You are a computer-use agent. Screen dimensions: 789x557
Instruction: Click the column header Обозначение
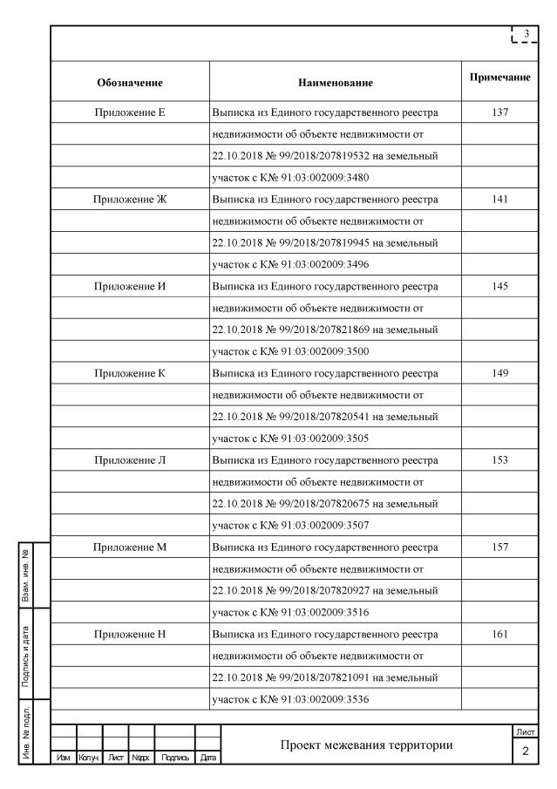coord(130,83)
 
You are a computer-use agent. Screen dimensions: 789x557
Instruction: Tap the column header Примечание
coord(500,78)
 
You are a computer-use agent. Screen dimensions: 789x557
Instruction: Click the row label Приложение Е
coord(130,112)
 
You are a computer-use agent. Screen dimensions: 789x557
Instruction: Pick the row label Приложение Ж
coord(130,200)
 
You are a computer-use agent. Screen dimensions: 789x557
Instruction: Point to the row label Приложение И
coord(130,287)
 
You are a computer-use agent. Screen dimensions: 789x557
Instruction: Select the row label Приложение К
coord(130,373)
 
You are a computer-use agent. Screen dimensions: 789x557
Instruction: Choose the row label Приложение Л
coord(130,460)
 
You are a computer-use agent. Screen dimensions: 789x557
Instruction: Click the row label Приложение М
coord(130,547)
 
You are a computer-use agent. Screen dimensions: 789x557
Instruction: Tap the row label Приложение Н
coord(130,634)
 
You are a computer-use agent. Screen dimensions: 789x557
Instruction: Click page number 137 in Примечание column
coord(499,112)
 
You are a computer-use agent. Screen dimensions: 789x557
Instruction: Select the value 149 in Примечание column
coord(499,373)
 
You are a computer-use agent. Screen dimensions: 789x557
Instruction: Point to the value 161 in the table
coord(499,634)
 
